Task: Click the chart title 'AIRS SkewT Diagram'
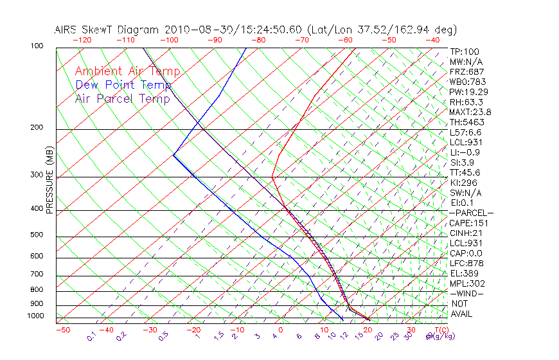109,30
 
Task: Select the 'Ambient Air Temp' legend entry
127,71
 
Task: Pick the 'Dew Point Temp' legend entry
123,85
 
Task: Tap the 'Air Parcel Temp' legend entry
122,98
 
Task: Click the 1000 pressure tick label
36,316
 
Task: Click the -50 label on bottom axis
62,330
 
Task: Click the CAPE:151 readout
468,223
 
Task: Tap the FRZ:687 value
466,71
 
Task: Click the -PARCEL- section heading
471,213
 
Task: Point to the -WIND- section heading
467,294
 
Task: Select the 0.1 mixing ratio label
91,336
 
